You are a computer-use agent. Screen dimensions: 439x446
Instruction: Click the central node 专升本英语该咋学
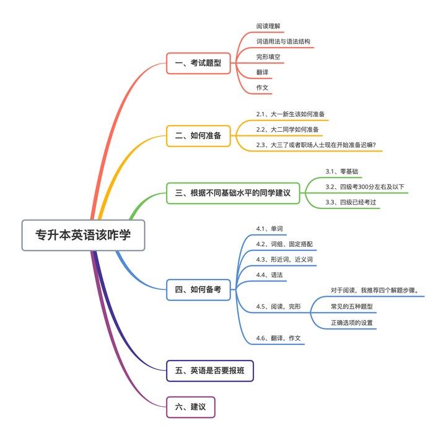[83, 235]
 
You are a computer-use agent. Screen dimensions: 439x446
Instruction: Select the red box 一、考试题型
[198, 63]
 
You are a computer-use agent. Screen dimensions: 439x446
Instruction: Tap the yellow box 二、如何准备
[198, 135]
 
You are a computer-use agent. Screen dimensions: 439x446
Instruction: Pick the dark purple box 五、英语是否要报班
[210, 371]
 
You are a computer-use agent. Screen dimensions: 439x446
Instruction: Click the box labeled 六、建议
[190, 407]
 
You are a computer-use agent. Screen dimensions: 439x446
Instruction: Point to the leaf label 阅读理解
[268, 27]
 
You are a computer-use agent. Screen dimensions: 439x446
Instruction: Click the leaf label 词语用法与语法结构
[283, 41]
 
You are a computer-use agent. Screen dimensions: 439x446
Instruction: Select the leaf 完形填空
[268, 57]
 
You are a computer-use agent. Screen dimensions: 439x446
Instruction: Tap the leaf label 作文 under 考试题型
[263, 88]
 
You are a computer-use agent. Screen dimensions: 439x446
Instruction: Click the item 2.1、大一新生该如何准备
[291, 114]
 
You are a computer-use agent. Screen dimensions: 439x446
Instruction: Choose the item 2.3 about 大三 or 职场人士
[320, 145]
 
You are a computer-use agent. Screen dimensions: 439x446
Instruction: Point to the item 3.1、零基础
[342, 171]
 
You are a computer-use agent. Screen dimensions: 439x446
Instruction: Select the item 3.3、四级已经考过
[351, 202]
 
